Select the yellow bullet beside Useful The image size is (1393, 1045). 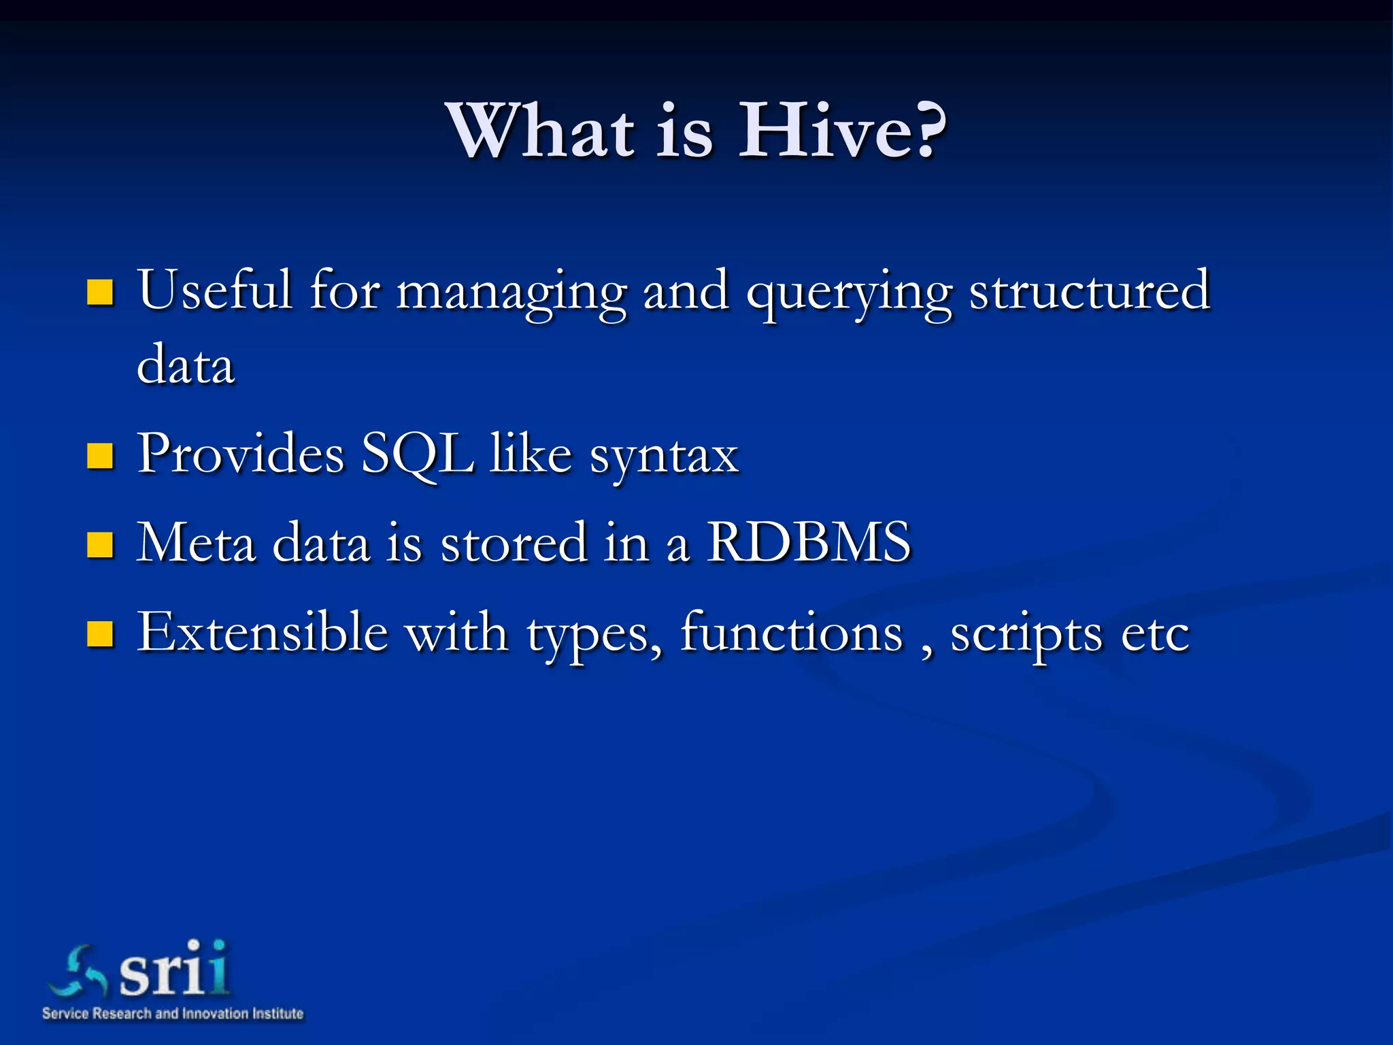point(100,292)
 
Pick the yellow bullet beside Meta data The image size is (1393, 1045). point(100,544)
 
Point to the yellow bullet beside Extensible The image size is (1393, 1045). point(100,634)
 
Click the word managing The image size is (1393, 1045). point(511,293)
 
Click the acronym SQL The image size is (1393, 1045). point(417,454)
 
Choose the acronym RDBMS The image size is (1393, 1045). point(809,542)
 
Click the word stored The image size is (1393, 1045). point(514,542)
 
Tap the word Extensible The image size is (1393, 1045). point(263,632)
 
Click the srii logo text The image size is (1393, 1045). point(173,969)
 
